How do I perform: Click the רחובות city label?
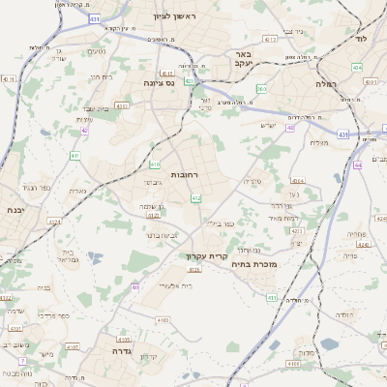point(183,175)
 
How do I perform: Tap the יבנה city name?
point(14,209)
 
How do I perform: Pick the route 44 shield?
point(357,165)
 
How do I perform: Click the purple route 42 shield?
point(84,129)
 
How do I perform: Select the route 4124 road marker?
point(54,222)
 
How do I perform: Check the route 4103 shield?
point(163,318)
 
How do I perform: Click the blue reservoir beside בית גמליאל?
point(94,257)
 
